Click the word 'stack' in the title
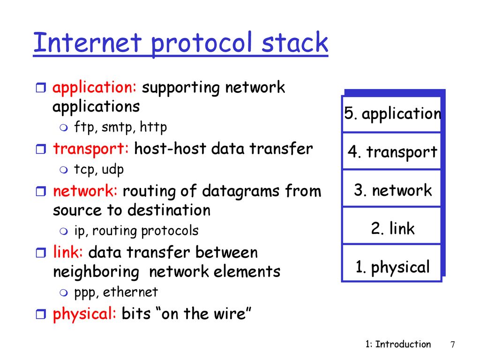point(295,42)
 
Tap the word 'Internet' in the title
point(87,42)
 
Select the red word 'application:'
point(94,88)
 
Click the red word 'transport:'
point(91,149)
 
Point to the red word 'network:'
point(85,191)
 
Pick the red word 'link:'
point(68,252)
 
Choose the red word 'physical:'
point(84,314)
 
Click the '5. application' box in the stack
point(391,114)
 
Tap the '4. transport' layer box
point(391,151)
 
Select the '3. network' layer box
point(391,188)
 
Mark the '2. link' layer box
point(391,225)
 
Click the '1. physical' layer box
point(391,263)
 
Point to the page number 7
point(453,345)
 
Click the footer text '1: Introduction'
point(398,344)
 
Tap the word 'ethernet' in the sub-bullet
point(130,292)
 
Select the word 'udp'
point(112,170)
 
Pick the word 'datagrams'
point(240,192)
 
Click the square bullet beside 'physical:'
point(41,314)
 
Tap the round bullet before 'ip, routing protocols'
point(64,231)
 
